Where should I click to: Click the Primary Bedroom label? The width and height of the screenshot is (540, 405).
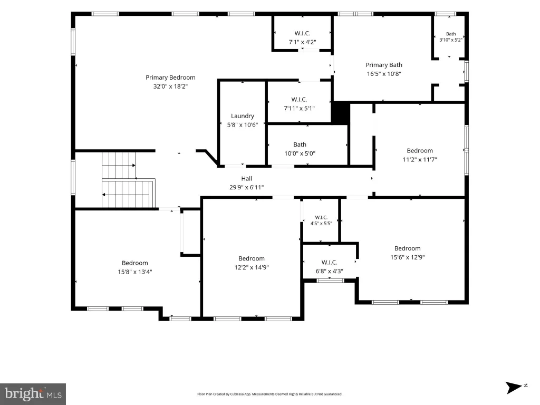(x=170, y=78)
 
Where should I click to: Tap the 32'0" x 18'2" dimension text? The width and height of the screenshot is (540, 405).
(x=170, y=86)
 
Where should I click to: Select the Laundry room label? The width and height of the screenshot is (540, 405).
(x=243, y=116)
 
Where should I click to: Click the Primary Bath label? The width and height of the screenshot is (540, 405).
(x=384, y=65)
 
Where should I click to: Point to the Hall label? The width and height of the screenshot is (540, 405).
(x=247, y=178)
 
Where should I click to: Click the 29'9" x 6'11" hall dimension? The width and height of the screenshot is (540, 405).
(x=247, y=187)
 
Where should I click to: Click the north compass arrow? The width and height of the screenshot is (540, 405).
(x=514, y=388)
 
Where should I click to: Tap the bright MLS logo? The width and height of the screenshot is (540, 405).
(x=33, y=394)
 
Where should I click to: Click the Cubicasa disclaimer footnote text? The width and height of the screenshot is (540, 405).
(x=269, y=394)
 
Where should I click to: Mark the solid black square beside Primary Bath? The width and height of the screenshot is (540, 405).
(x=341, y=113)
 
